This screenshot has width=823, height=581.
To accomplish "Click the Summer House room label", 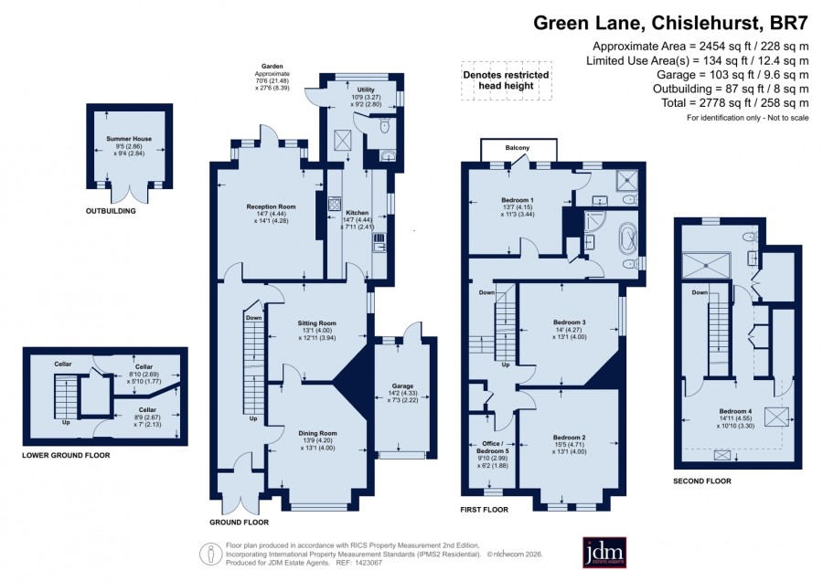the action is click(x=129, y=139).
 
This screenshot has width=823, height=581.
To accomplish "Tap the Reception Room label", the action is click(x=271, y=206).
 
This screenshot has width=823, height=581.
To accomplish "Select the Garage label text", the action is click(x=402, y=386).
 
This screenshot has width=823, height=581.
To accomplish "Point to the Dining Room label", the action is click(x=317, y=433).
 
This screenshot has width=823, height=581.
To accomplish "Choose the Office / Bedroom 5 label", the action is click(x=492, y=447).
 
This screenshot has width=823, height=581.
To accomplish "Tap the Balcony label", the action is click(x=517, y=148).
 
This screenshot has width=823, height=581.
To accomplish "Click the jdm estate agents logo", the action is click(x=604, y=552).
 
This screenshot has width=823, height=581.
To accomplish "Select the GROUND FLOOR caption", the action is click(x=239, y=523).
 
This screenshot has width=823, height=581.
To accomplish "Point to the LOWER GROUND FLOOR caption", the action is click(x=66, y=455).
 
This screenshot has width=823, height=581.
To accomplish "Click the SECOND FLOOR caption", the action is click(x=701, y=481).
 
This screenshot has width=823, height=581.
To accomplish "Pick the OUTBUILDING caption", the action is click(x=111, y=211).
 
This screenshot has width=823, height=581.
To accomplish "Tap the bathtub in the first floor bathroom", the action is click(x=627, y=238).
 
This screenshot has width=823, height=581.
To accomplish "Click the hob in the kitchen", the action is click(x=335, y=204).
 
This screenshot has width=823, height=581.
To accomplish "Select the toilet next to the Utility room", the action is click(x=384, y=126).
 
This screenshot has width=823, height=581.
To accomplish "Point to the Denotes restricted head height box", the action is click(x=506, y=80).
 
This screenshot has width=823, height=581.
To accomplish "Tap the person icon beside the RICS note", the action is click(x=211, y=554).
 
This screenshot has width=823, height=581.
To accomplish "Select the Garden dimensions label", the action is click(x=273, y=77).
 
